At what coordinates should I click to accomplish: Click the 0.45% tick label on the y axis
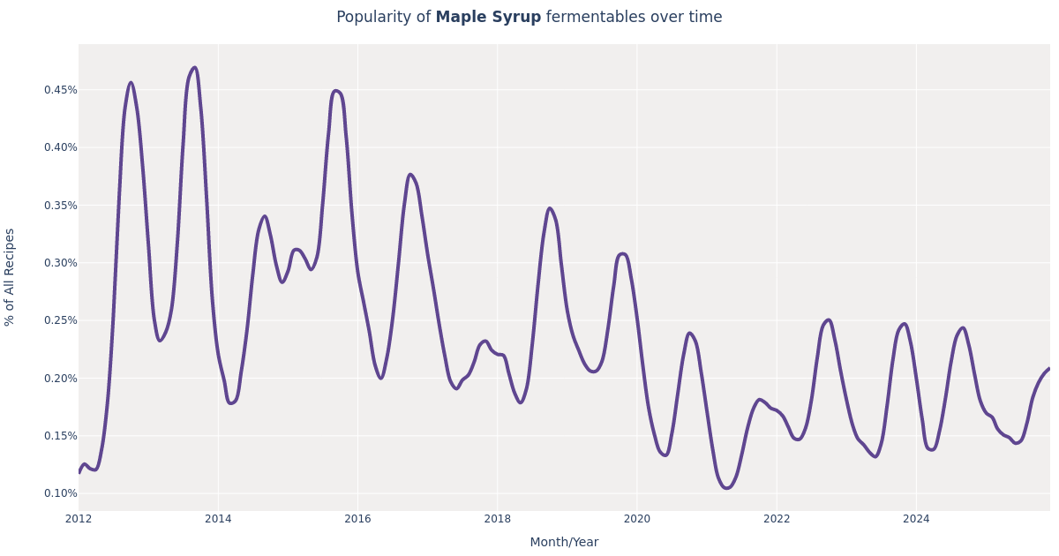click(60, 90)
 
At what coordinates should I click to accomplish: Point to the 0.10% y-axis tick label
click(60, 493)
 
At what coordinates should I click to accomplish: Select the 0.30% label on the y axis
click(60, 263)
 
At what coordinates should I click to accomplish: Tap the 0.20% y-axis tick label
click(60, 378)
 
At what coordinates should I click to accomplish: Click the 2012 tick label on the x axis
click(79, 519)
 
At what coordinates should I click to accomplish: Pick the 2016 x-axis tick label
click(357, 519)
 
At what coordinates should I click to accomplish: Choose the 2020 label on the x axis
click(636, 519)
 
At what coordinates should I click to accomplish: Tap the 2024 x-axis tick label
click(916, 519)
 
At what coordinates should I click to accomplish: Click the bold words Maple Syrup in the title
click(488, 18)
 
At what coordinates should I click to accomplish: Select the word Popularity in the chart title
click(383, 18)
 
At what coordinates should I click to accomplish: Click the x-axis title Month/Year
click(564, 543)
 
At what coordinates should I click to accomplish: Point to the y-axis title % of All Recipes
click(11, 277)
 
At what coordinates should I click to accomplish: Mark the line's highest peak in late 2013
click(195, 68)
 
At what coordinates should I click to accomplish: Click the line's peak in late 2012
click(131, 83)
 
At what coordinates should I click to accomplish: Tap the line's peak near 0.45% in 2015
click(335, 91)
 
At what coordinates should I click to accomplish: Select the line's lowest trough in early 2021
click(726, 488)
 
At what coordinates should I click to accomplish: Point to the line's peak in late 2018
click(549, 208)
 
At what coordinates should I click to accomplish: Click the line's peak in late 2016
click(409, 175)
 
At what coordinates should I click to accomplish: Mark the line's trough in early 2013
click(160, 341)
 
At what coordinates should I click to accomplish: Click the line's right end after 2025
click(1049, 369)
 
